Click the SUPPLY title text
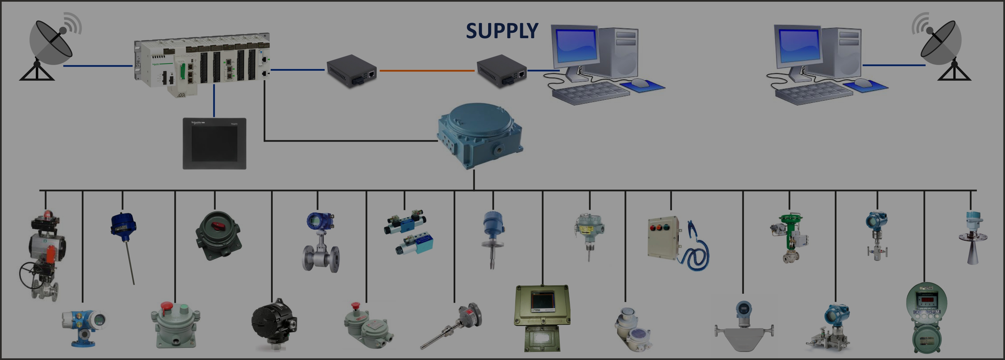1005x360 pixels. [502, 31]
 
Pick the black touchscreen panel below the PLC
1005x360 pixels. [214, 143]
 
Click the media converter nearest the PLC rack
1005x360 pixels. [351, 71]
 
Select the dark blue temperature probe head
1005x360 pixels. [123, 224]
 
